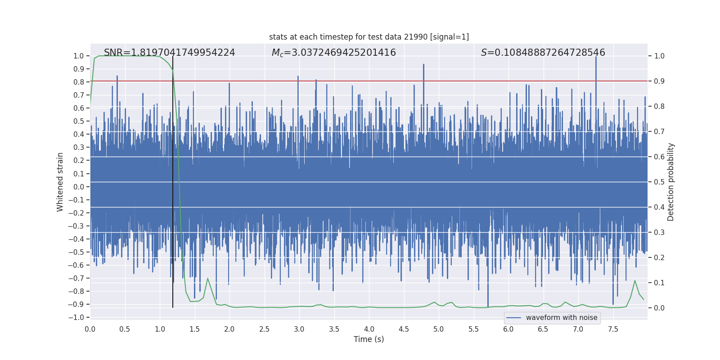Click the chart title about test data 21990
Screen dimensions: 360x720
369,37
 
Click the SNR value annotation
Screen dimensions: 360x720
169,53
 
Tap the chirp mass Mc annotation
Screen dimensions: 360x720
333,53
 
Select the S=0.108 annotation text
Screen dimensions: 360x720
543,53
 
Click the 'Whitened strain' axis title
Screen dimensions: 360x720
60,182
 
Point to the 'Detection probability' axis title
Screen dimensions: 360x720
670,182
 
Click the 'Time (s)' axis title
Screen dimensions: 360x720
369,339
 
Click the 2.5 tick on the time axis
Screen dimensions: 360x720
264,329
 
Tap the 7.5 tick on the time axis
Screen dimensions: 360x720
613,329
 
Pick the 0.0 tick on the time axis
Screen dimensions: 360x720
90,329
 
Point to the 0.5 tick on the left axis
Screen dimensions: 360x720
79,121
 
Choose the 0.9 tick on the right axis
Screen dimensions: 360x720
659,81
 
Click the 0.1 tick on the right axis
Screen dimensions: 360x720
659,283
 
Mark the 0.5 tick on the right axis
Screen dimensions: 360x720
659,182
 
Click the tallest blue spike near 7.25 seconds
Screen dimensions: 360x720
596,58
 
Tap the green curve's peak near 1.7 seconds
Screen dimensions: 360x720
207,278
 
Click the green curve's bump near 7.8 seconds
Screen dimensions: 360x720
635,281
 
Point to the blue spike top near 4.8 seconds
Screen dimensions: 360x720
423,65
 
